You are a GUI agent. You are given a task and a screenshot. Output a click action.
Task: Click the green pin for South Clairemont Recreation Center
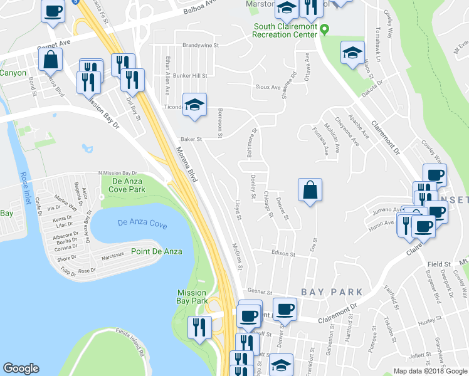coord(324,29)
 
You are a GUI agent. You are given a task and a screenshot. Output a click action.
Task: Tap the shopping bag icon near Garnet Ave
coord(50,60)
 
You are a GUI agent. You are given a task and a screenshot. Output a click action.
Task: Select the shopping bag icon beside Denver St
coord(310,190)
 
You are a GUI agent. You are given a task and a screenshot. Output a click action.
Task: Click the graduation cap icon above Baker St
coord(194,105)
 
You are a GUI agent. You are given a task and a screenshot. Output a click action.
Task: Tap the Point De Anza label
coord(156,251)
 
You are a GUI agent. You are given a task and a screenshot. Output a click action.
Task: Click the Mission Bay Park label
coord(192,297)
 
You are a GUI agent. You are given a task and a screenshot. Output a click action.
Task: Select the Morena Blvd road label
coord(186,165)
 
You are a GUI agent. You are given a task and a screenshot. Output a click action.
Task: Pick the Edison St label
coord(283,254)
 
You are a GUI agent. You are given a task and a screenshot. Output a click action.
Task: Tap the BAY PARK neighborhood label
coord(332,292)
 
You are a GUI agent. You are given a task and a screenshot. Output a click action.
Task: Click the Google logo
coord(21,368)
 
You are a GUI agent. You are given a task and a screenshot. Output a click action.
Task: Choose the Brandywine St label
coord(200,46)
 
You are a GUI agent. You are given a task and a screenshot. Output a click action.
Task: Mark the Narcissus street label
coord(112,256)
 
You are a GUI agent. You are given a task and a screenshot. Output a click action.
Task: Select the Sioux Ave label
coord(267,87)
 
